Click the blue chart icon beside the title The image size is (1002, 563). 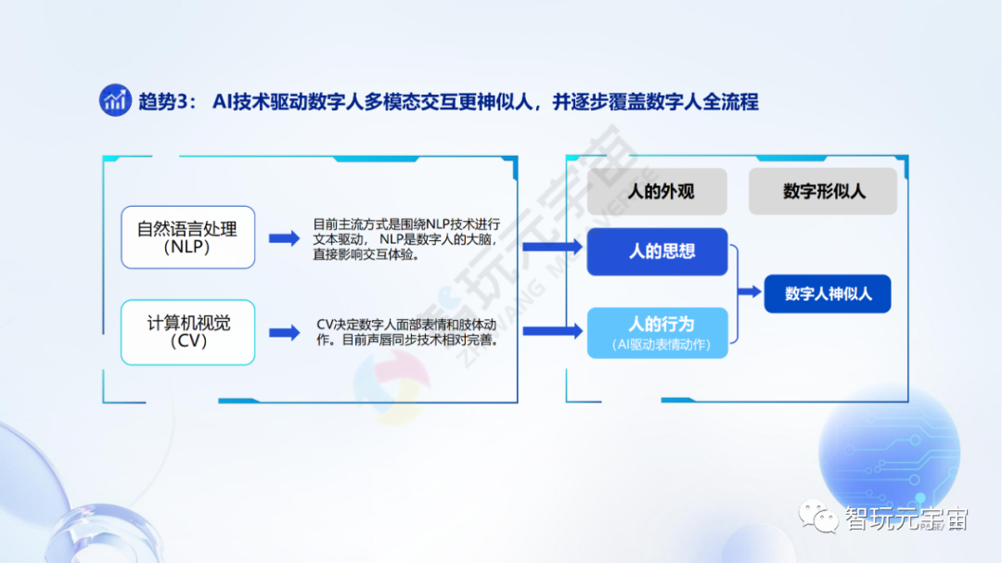click(x=115, y=100)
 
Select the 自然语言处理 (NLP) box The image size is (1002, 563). click(x=187, y=237)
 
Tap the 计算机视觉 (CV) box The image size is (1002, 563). click(x=187, y=332)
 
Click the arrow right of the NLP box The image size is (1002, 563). click(x=284, y=238)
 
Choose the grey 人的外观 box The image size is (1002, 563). click(x=661, y=192)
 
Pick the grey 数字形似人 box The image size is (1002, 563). click(x=823, y=192)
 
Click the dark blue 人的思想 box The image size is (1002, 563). click(x=657, y=251)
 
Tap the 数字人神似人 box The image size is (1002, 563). click(x=828, y=293)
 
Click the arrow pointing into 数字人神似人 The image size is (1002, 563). click(x=749, y=292)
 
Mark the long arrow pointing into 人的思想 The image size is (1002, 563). click(x=553, y=246)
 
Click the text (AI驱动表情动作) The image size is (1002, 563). click(x=657, y=345)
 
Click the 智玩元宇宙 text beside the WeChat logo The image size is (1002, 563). click(x=906, y=519)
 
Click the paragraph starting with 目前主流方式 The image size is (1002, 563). click(x=407, y=239)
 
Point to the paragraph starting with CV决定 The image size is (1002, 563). click(x=407, y=332)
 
